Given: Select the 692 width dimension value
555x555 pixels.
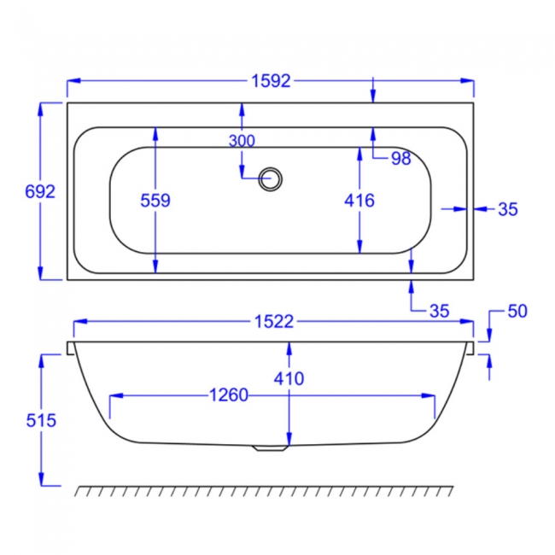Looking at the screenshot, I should (x=40, y=192).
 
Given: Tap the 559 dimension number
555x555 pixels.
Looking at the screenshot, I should (x=155, y=201).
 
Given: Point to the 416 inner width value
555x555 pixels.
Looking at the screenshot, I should (x=359, y=201).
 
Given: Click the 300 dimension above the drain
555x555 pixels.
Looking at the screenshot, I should (x=242, y=141).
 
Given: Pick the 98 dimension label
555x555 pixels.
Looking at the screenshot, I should (x=400, y=158).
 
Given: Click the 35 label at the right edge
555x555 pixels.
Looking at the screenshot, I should (x=508, y=209).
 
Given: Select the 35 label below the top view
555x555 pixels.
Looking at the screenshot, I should (x=439, y=311).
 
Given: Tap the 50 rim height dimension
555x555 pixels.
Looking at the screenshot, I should (x=517, y=312).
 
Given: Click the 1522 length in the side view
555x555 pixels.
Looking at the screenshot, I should (x=273, y=322).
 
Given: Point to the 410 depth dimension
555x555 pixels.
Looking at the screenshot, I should (x=289, y=377).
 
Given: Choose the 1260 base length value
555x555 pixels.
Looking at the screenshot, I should (x=227, y=395).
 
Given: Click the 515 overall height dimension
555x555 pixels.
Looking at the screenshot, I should (x=40, y=420).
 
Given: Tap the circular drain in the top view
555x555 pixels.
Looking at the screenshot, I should (x=272, y=178).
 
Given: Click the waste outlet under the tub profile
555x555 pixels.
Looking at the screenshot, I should (x=272, y=448).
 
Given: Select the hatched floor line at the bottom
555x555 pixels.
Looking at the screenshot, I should (x=265, y=491).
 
